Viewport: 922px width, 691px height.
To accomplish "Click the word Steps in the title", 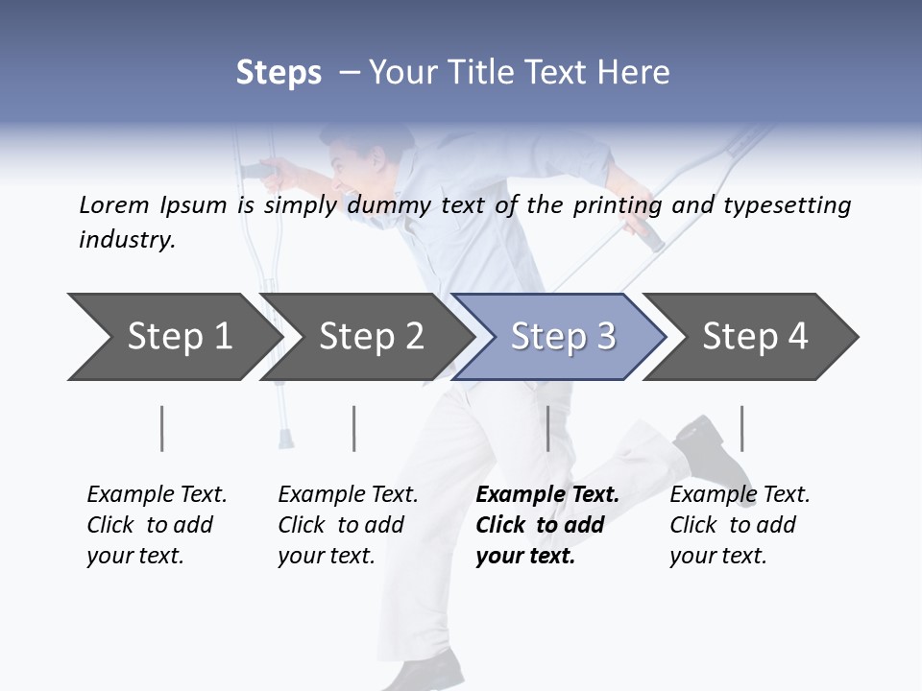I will click(279, 72).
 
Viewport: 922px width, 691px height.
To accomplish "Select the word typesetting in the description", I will click(787, 205).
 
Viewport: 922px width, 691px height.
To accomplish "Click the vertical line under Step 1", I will click(162, 428).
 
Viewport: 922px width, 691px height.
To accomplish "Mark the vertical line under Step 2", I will click(354, 428).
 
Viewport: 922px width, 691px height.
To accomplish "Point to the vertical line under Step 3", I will click(547, 428).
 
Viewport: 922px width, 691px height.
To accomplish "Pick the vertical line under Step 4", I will click(741, 428).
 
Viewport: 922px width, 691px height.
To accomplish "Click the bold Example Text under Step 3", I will click(547, 495).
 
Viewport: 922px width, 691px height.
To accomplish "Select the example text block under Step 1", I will click(157, 525).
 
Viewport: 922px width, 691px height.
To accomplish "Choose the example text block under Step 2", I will click(348, 525).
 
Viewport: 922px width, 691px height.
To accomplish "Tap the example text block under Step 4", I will click(740, 525).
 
